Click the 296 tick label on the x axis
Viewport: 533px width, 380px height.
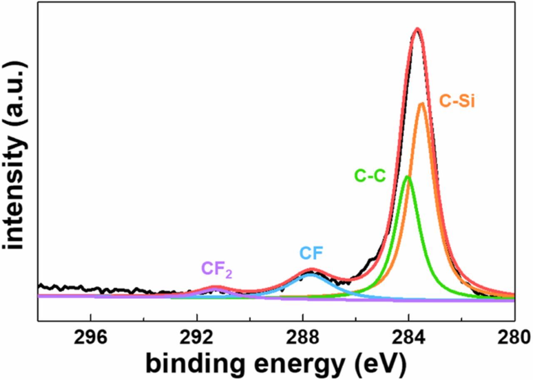[90, 338]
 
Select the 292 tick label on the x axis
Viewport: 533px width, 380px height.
[197, 338]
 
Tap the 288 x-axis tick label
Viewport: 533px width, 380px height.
[303, 338]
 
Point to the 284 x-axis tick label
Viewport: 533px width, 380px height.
[408, 338]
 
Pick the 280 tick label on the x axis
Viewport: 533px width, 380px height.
[515, 338]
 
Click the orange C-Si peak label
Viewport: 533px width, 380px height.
[457, 101]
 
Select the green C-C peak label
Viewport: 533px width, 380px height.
[370, 176]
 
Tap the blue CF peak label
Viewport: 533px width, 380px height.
[311, 253]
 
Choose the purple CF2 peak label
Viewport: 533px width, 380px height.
[217, 270]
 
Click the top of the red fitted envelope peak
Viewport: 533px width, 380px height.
[418, 29]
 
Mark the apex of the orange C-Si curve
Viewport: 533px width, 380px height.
[421, 103]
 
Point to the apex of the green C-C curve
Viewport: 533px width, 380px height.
[408, 177]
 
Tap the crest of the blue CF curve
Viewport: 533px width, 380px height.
[310, 274]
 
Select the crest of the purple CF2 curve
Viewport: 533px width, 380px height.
[215, 288]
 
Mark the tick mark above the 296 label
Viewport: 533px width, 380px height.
[90, 317]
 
